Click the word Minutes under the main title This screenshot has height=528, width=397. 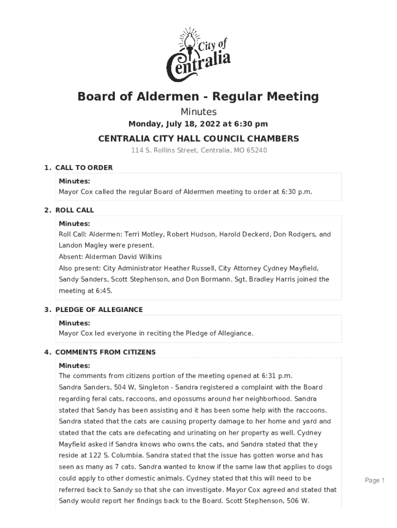pos(198,111)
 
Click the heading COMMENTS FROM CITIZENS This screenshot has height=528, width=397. pos(105,352)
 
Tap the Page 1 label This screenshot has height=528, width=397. pos(375,481)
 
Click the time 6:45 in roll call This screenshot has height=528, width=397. pos(102,291)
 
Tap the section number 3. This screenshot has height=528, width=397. pos(46,309)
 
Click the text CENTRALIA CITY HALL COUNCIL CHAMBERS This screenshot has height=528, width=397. pos(198,139)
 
